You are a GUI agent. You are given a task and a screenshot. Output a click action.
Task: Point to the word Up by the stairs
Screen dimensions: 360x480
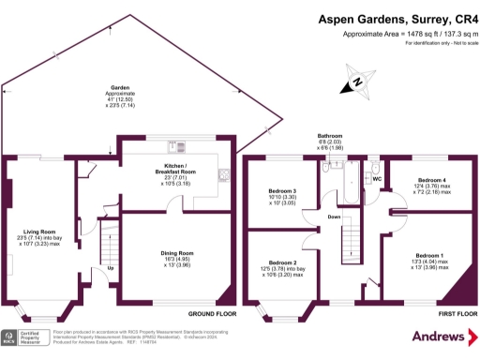click(112, 269)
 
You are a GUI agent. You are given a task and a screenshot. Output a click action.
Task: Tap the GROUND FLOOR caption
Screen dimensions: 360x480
click(212, 313)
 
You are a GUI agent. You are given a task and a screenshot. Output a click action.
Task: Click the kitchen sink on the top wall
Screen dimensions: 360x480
click(174, 145)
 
